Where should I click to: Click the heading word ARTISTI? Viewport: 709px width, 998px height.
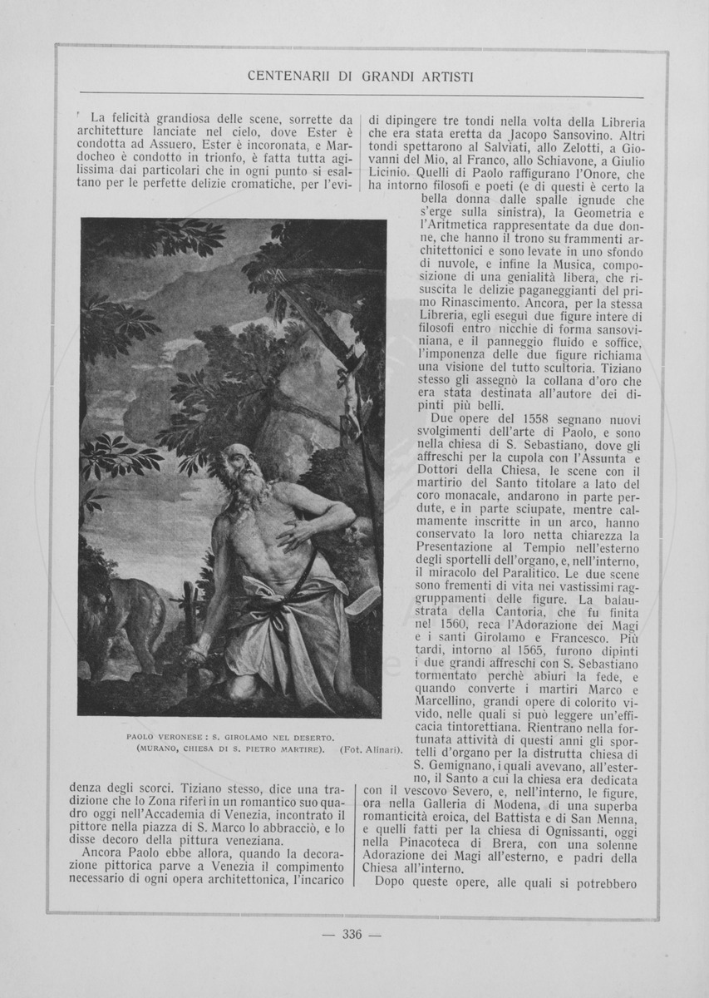click(x=447, y=77)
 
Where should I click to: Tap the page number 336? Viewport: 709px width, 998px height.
click(x=352, y=934)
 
